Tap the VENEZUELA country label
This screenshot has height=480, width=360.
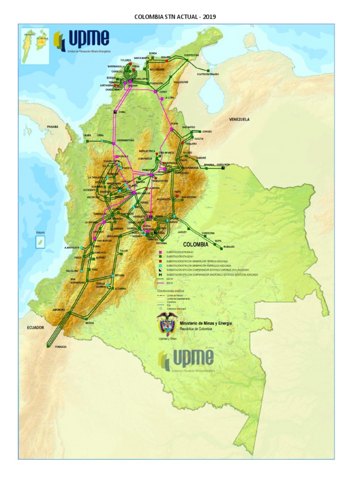239,120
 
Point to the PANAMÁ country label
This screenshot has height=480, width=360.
53,127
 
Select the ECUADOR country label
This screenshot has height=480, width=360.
35,328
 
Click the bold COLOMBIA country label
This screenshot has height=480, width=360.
195,244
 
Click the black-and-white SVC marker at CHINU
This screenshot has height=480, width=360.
115,112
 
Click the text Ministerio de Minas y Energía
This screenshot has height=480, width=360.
206,323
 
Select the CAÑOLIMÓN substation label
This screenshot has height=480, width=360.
223,165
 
